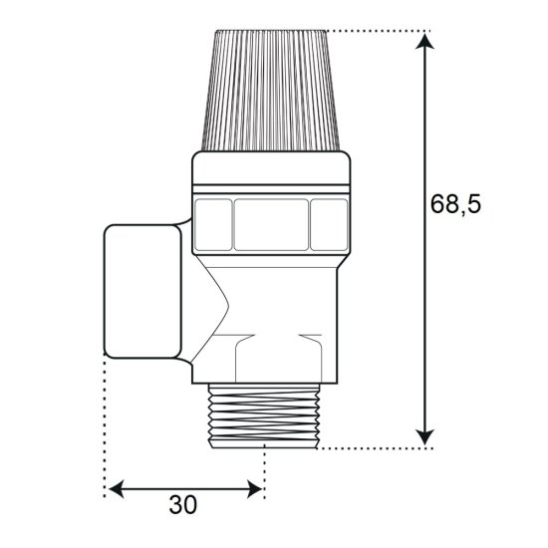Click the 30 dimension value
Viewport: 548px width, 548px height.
183,505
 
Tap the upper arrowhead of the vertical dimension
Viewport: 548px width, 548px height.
424,42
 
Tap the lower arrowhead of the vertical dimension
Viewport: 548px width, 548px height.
424,436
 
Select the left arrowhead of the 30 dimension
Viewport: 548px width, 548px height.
116,488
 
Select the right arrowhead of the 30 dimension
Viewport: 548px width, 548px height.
254,488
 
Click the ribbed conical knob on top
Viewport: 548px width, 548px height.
271,91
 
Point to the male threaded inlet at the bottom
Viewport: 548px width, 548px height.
263,415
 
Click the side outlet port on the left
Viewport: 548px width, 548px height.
142,292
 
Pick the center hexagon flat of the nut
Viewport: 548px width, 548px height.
271,225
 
